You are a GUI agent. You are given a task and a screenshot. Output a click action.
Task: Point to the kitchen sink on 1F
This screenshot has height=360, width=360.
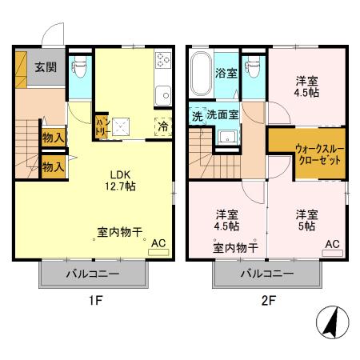163,94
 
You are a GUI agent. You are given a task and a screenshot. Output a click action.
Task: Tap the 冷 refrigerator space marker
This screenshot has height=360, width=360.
162,126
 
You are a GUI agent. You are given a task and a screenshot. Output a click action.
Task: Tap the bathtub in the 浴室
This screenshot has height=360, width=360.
200,74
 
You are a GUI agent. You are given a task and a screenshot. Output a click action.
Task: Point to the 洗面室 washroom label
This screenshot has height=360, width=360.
223,115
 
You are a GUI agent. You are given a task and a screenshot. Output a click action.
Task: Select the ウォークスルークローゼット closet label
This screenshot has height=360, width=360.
306,153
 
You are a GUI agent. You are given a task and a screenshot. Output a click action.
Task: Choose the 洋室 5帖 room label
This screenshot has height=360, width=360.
306,220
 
